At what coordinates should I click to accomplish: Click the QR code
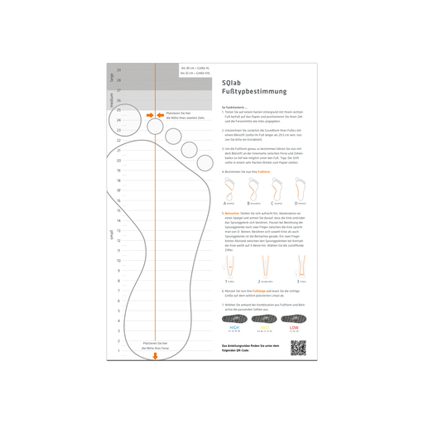click(x=297, y=346)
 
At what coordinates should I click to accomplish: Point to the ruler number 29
click(x=118, y=70)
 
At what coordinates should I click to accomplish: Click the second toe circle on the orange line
click(x=155, y=125)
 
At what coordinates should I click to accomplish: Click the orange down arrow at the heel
click(x=155, y=357)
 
